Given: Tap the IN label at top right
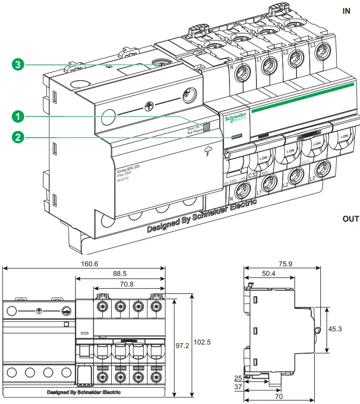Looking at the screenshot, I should (x=346, y=11).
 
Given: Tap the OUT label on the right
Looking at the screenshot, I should (x=350, y=219).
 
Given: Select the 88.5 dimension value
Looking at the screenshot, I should (x=120, y=273).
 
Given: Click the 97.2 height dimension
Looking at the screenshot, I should (x=182, y=346).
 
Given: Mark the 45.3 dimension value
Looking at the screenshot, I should (x=335, y=329).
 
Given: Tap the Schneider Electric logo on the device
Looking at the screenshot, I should (x=236, y=117).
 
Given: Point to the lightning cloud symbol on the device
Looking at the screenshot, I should (x=208, y=151).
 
